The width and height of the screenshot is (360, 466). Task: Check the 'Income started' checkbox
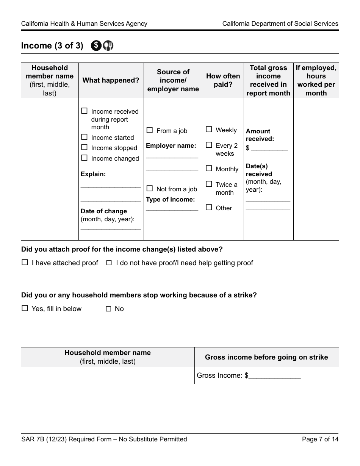(x=85, y=137)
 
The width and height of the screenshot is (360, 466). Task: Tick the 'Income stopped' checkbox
(x=85, y=147)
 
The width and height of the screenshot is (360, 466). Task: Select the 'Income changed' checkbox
(x=85, y=158)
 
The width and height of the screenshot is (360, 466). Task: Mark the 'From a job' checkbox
(x=150, y=130)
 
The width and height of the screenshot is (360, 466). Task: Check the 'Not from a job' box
(x=150, y=189)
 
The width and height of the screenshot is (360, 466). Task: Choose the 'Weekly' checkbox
(x=209, y=130)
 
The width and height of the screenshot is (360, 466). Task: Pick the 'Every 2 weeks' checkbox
(x=209, y=145)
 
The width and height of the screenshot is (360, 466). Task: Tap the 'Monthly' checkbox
(x=209, y=169)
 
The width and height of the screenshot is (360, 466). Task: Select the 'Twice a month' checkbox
(x=209, y=184)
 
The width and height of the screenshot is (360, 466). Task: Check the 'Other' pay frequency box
(x=209, y=208)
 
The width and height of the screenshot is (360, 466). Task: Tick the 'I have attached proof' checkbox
(x=25, y=263)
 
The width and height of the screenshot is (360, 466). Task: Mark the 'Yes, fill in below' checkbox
(x=25, y=308)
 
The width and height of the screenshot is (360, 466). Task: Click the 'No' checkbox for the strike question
(x=109, y=309)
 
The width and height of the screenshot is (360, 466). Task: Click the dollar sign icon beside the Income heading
(x=96, y=45)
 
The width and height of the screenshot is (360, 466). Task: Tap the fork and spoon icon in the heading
(x=108, y=45)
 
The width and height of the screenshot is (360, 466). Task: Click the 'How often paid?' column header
(x=223, y=80)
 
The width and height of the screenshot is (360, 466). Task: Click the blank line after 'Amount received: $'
(x=269, y=149)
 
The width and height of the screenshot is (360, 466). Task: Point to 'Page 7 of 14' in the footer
(x=320, y=439)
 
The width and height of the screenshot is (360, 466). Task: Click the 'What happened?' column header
(x=111, y=80)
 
